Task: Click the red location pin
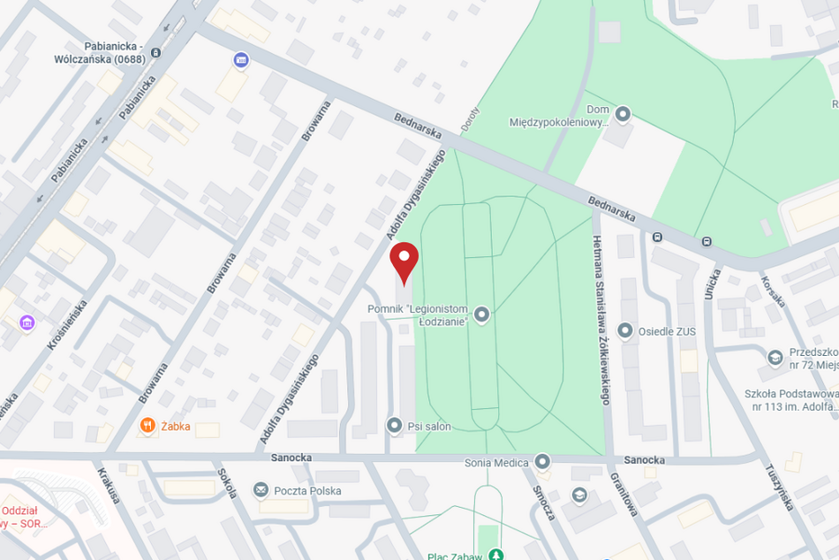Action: pyautogui.click(x=404, y=260)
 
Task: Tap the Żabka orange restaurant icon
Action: pyautogui.click(x=147, y=426)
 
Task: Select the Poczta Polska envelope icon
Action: pyautogui.click(x=261, y=489)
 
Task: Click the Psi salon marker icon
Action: pyautogui.click(x=394, y=426)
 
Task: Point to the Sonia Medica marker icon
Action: pyautogui.click(x=542, y=462)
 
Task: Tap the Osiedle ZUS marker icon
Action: pyautogui.click(x=625, y=331)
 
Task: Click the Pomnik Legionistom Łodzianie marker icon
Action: pyautogui.click(x=481, y=314)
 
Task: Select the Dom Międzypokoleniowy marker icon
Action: pyautogui.click(x=623, y=114)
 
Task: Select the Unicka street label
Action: pyautogui.click(x=712, y=284)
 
